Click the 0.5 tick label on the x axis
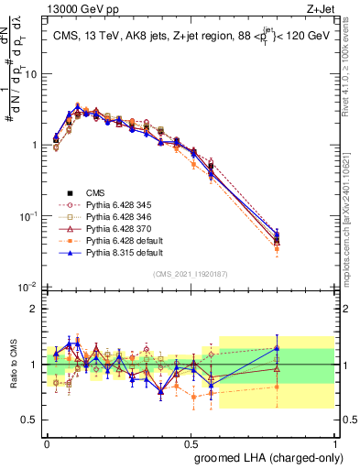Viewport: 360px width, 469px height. pos(190,440)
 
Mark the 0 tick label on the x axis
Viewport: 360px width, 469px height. pos(47,440)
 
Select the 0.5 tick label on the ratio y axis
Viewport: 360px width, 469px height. pos(29,420)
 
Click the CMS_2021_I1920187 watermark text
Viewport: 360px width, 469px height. pos(190,274)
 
